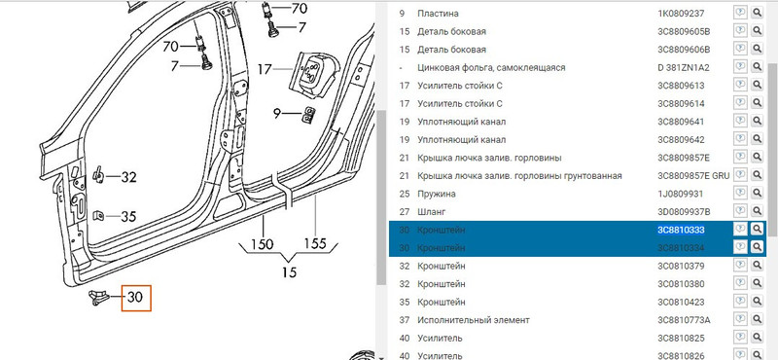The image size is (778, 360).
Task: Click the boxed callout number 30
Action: pyautogui.click(x=136, y=298)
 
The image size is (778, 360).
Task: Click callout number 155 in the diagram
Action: pyautogui.click(x=314, y=243)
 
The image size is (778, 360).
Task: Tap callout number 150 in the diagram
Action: pyautogui.click(x=261, y=243)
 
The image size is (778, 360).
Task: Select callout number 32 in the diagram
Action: pyautogui.click(x=128, y=177)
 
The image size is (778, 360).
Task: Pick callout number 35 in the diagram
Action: pyautogui.click(x=128, y=216)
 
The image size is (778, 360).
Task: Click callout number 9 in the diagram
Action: pyautogui.click(x=277, y=115)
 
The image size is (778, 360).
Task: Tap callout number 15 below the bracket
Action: pyautogui.click(x=288, y=272)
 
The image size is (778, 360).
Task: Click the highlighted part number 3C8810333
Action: pyautogui.click(x=681, y=229)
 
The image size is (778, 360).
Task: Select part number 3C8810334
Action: pyautogui.click(x=681, y=247)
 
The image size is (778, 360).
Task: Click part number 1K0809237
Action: pyautogui.click(x=682, y=14)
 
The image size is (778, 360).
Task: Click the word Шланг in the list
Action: pyautogui.click(x=433, y=211)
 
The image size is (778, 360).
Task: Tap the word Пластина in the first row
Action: pyautogui.click(x=440, y=14)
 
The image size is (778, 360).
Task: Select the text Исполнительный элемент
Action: pyautogui.click(x=473, y=319)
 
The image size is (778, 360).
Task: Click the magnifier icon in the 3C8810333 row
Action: pyautogui.click(x=757, y=229)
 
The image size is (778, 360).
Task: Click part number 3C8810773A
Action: pyautogui.click(x=685, y=319)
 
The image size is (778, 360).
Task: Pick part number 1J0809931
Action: pyautogui.click(x=681, y=193)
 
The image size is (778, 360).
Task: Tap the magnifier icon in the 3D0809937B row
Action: pyautogui.click(x=757, y=211)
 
